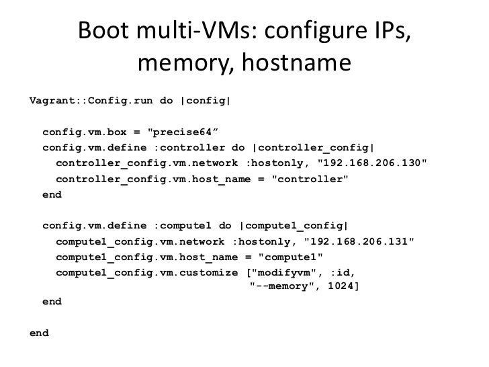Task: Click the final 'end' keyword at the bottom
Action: [x=40, y=333]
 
